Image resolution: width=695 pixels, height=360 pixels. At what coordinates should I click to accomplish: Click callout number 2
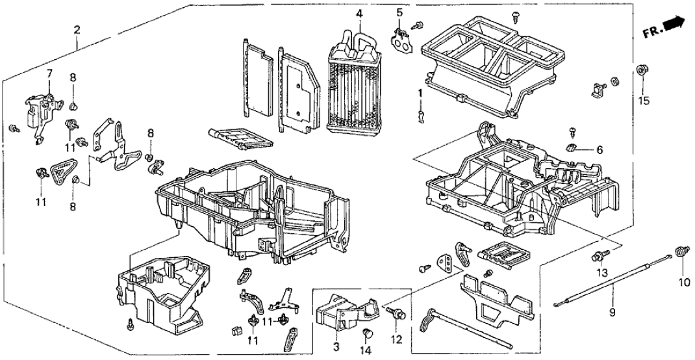(x=77, y=29)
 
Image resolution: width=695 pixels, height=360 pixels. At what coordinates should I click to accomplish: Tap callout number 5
(x=399, y=12)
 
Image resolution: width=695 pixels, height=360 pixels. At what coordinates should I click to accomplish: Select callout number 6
(x=599, y=150)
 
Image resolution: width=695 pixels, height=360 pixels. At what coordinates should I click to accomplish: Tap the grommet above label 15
(x=642, y=70)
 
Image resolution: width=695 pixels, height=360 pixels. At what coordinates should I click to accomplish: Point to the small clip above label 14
(x=367, y=334)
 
